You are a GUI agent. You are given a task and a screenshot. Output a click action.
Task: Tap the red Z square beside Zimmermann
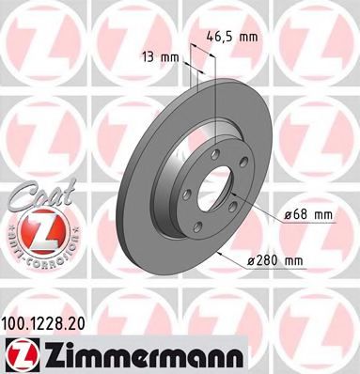(21, 352)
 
